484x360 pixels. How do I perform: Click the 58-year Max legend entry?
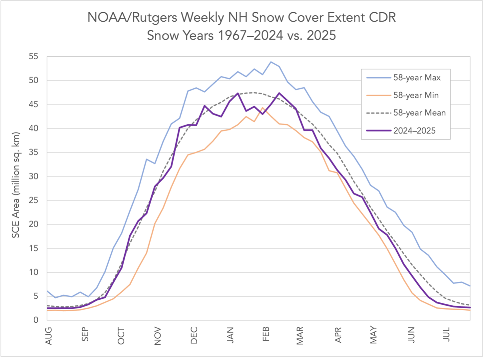(x=417, y=78)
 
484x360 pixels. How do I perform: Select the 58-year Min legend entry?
(x=416, y=96)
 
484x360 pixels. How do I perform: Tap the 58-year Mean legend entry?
(x=419, y=113)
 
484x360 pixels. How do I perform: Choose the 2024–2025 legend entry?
(x=414, y=131)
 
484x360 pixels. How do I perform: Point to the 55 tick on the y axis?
(x=34, y=57)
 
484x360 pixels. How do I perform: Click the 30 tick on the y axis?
(x=34, y=176)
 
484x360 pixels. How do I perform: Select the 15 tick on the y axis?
(x=34, y=248)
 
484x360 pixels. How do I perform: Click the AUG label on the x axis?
(x=49, y=336)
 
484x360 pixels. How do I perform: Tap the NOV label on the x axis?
(x=157, y=336)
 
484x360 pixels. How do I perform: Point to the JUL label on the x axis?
(x=447, y=334)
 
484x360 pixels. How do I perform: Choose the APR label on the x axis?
(x=338, y=335)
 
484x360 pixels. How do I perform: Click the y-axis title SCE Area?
(x=16, y=185)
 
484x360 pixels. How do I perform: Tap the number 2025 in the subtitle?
(x=321, y=35)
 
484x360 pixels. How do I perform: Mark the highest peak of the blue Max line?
(x=271, y=62)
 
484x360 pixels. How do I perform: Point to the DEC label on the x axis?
(x=194, y=335)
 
